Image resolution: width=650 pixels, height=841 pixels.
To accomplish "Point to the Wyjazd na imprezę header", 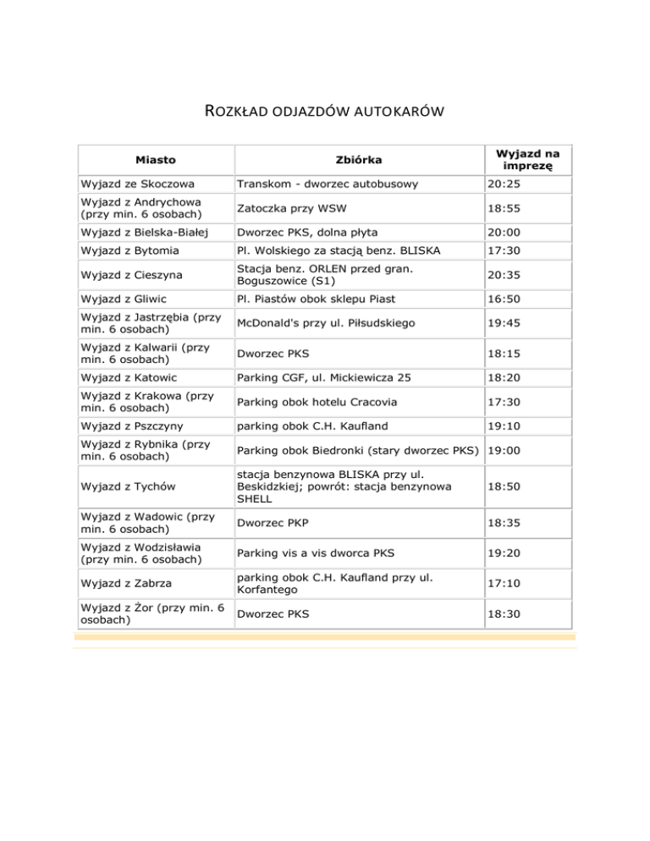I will pyautogui.click(x=526, y=158).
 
